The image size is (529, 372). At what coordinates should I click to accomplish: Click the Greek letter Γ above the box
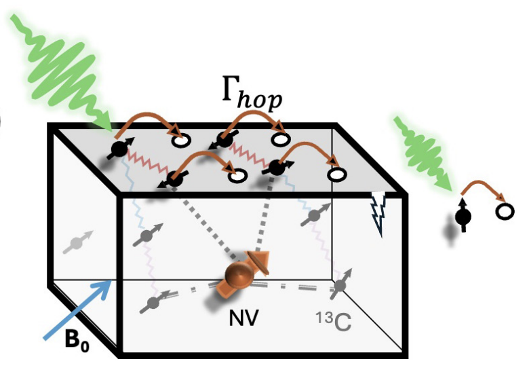(x=231, y=88)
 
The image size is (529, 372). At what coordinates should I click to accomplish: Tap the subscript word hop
(x=260, y=100)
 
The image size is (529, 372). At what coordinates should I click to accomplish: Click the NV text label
(x=243, y=318)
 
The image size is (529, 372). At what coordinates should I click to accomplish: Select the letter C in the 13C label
(x=342, y=322)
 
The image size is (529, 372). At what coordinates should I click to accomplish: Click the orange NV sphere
(x=239, y=274)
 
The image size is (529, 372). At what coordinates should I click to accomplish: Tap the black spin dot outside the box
(x=463, y=217)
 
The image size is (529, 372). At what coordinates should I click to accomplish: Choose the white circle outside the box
(x=505, y=211)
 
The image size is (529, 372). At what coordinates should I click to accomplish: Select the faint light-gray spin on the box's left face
(x=77, y=242)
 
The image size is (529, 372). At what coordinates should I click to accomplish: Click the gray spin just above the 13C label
(x=340, y=284)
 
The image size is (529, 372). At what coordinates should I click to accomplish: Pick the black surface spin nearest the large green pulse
(x=120, y=149)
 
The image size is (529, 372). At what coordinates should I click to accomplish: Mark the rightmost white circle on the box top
(x=337, y=174)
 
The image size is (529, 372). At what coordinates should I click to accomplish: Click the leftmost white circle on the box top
(x=181, y=140)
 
